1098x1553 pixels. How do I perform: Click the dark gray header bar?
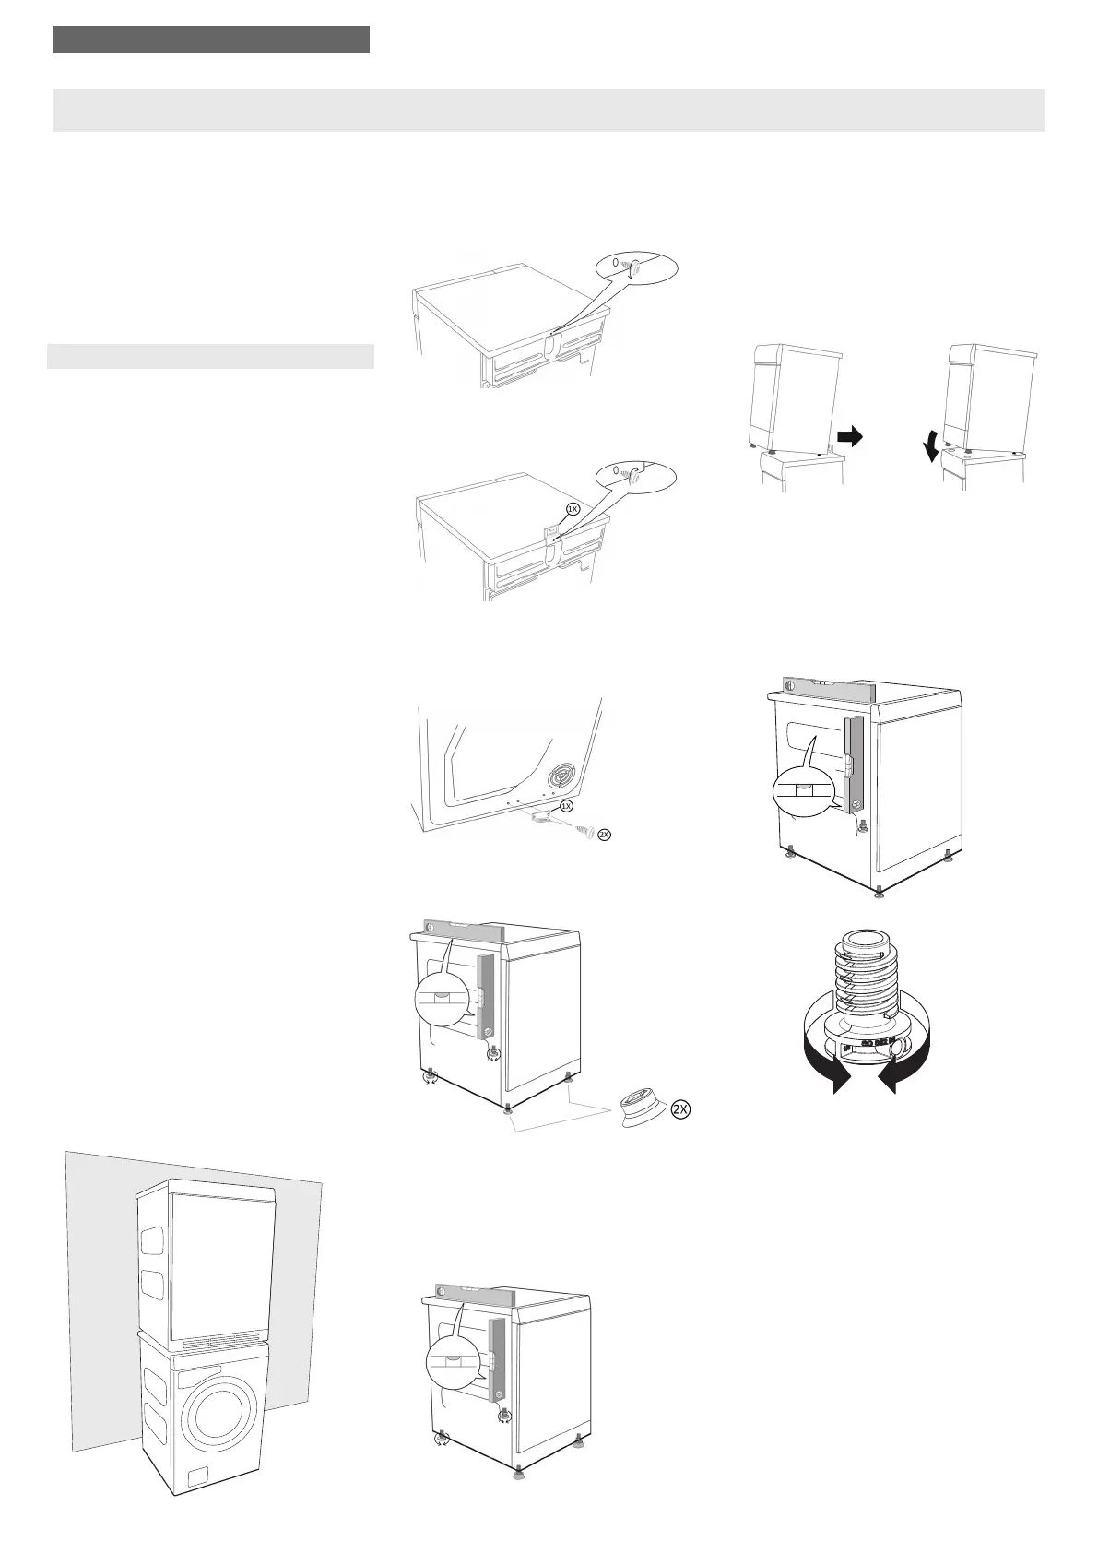click(211, 40)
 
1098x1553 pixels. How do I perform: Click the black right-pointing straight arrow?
click(850, 436)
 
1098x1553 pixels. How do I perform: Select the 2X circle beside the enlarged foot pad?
click(679, 1109)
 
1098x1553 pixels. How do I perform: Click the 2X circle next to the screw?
click(604, 835)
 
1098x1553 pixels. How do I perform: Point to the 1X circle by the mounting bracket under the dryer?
click(567, 806)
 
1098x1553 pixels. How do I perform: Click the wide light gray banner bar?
click(549, 110)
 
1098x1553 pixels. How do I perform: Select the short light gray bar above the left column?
click(211, 356)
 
